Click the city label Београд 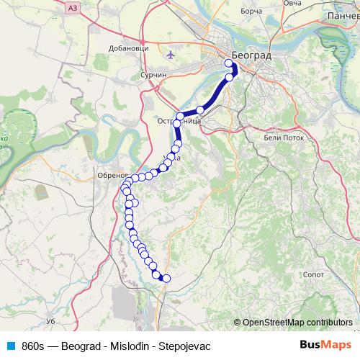tap(251, 55)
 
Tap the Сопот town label tap(315, 274)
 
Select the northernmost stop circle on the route tap(228, 63)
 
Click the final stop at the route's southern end tap(166, 279)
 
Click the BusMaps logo tap(324, 345)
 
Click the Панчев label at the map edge tap(342, 14)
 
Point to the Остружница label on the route tap(179, 122)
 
